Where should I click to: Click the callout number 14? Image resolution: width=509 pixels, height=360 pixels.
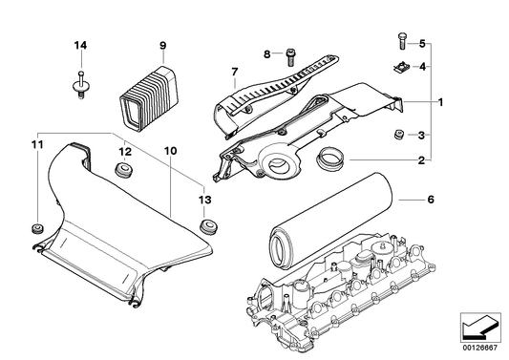(80, 46)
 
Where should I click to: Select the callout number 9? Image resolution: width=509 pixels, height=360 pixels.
(162, 46)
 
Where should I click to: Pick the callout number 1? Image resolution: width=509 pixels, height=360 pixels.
(440, 101)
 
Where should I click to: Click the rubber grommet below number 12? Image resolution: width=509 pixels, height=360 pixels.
(121, 171)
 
